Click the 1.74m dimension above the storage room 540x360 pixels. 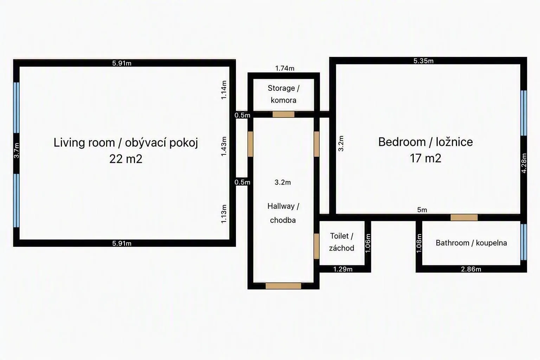285,69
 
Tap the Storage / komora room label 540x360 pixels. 283,94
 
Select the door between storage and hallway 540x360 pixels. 283,114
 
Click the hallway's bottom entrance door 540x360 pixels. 283,286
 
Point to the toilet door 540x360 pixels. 316,246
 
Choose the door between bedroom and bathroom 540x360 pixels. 464,218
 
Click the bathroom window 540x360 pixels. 523,242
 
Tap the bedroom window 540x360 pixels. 523,113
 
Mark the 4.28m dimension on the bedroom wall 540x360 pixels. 524,163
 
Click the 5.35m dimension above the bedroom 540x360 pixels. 424,61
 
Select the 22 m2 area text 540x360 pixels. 126,159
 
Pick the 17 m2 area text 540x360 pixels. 425,159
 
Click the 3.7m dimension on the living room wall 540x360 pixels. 17,151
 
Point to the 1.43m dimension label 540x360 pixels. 224,146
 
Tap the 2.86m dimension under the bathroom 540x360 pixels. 471,269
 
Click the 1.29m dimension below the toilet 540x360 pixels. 343,269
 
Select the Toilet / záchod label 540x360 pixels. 342,242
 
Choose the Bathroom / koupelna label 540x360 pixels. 471,243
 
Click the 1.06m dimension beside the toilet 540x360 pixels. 368,243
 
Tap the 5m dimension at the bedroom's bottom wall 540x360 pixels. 422,210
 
